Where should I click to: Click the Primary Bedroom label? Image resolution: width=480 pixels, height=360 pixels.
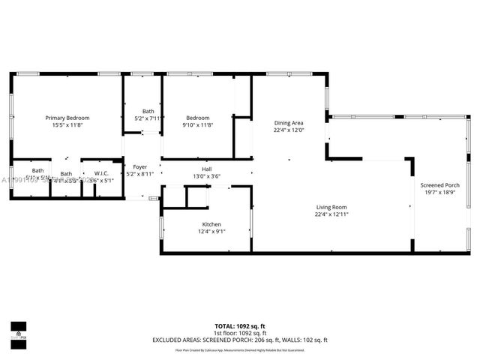(67, 118)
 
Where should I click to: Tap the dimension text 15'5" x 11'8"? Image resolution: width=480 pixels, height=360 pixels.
(67, 125)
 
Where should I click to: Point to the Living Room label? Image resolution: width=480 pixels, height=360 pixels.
(331, 207)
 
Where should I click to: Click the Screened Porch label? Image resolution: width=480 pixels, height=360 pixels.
(439, 185)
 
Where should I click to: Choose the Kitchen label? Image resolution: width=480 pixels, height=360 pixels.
(211, 224)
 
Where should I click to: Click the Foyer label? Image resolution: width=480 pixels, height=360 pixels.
(139, 166)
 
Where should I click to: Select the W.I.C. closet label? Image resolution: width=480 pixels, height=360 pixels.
(101, 173)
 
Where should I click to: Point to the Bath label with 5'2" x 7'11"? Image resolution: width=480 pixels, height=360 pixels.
(148, 111)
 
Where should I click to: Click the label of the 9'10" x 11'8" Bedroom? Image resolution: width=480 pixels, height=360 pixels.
(198, 118)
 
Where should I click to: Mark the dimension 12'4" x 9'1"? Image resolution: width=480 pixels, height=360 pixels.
(211, 232)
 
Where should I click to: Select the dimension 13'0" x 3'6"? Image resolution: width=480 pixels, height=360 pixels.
(206, 176)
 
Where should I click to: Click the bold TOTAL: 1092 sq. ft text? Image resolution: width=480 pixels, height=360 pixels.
(240, 326)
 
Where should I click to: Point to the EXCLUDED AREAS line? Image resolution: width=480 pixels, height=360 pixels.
(240, 340)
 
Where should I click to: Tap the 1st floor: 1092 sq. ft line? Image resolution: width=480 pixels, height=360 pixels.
(240, 333)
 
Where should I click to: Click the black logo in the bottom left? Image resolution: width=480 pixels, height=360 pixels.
(18, 329)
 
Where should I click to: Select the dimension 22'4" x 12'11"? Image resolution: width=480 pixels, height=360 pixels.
(331, 214)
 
